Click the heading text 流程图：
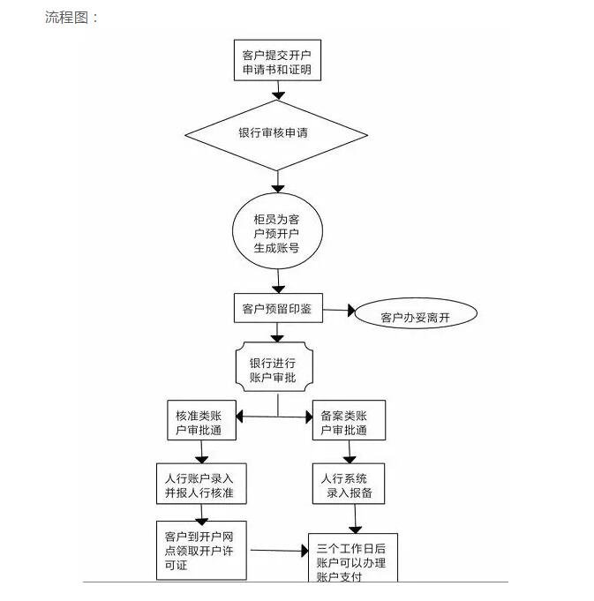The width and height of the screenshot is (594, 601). tap(72, 18)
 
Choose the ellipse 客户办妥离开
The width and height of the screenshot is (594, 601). tap(415, 316)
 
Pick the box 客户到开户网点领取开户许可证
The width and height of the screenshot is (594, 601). tap(200, 551)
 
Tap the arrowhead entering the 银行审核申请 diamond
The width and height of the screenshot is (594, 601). tap(279, 94)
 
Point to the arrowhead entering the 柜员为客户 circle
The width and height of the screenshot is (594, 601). tap(279, 186)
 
